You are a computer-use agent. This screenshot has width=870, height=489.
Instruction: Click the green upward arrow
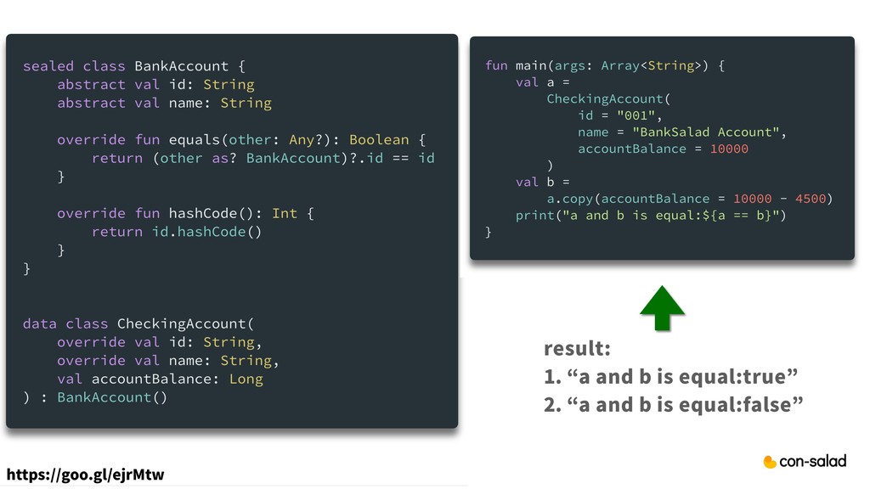click(x=661, y=308)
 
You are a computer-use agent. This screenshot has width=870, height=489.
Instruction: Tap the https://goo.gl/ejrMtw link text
click(x=85, y=474)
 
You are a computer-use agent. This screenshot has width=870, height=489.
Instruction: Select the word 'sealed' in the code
click(x=48, y=66)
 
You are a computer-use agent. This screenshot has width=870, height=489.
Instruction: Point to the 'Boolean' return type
click(x=379, y=139)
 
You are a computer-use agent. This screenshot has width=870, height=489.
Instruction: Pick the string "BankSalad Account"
click(x=699, y=132)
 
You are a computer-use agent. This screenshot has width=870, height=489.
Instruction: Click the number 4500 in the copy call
click(x=811, y=199)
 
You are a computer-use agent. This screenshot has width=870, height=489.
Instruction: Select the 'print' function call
click(x=534, y=215)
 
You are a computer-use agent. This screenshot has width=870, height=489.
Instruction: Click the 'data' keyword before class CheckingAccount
click(x=40, y=323)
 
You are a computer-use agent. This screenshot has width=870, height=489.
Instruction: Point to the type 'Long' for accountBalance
click(x=246, y=379)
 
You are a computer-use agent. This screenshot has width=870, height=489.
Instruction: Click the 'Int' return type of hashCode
click(x=285, y=213)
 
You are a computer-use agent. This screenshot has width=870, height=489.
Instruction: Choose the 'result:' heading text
click(x=577, y=350)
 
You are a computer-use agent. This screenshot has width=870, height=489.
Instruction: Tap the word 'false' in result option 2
click(x=767, y=404)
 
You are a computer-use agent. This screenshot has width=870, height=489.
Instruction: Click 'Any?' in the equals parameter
click(x=302, y=139)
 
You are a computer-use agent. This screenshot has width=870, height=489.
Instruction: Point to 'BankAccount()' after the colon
click(x=112, y=397)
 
